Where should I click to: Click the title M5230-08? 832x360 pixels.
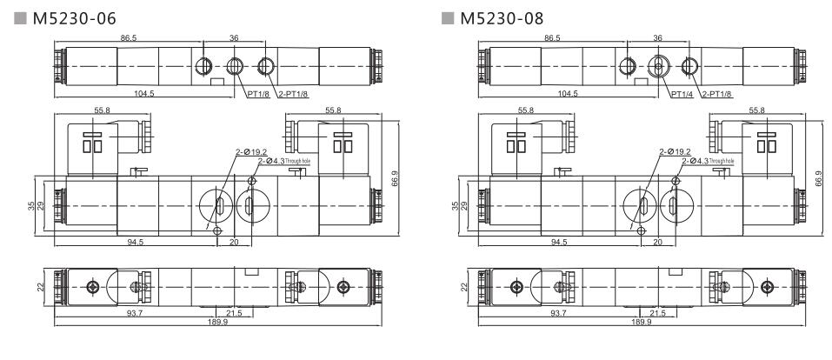tap(503, 17)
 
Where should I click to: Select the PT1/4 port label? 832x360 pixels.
tap(681, 93)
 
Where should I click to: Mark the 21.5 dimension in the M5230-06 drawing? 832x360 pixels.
tap(235, 314)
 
